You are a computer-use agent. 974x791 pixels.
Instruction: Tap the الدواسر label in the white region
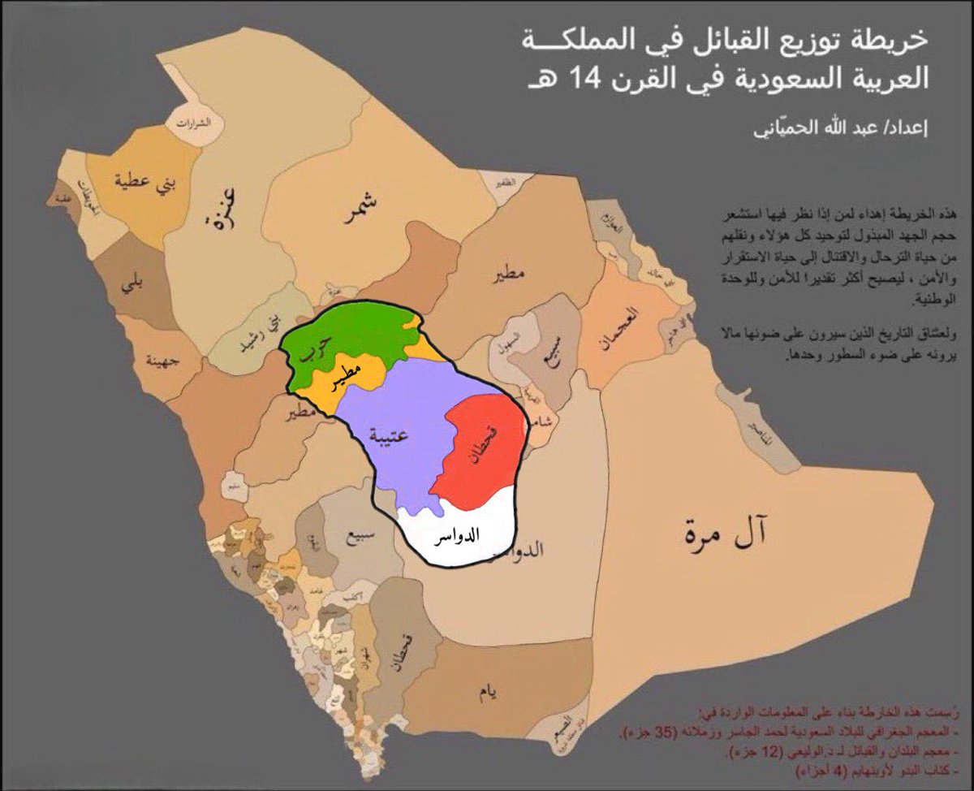point(455,537)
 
